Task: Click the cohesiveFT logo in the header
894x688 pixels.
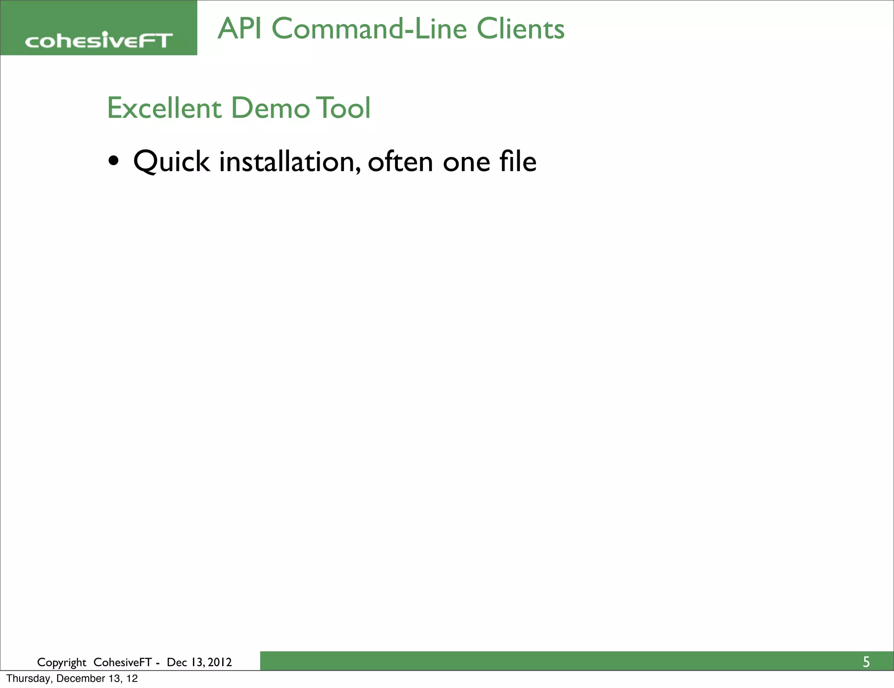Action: (x=99, y=41)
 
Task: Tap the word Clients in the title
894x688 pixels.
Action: (x=520, y=29)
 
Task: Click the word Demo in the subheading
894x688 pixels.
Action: (x=270, y=108)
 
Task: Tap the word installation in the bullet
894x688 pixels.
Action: (x=290, y=162)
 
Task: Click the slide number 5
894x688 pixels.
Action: (x=866, y=662)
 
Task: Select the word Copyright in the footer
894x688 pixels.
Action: (x=62, y=663)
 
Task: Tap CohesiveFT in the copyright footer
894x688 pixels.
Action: (x=122, y=662)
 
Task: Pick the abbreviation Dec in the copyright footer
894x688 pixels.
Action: (x=176, y=662)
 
